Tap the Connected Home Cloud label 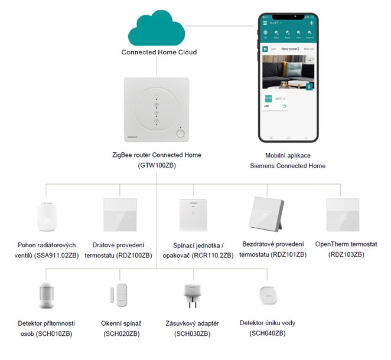[159, 52]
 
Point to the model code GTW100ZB [157, 165]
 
